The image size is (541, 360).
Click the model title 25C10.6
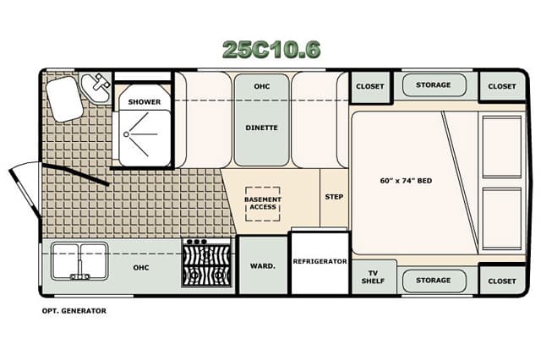(x=271, y=49)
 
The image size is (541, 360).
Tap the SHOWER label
(x=145, y=102)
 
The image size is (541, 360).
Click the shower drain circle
(x=126, y=134)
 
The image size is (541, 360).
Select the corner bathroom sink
(x=96, y=86)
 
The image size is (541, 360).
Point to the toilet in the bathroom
(x=65, y=99)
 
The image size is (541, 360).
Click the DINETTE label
(x=261, y=128)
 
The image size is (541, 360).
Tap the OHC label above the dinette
(x=261, y=86)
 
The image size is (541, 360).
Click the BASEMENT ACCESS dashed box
(x=263, y=204)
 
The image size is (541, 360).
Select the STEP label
(x=334, y=197)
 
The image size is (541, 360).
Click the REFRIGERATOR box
(x=320, y=263)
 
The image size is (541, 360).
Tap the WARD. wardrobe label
(x=263, y=266)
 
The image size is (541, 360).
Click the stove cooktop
(x=206, y=263)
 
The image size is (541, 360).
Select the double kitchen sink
(x=79, y=261)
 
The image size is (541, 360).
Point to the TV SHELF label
(x=373, y=277)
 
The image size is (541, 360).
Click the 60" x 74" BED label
(x=406, y=181)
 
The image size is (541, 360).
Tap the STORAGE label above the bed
(x=434, y=85)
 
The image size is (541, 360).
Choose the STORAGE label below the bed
(x=434, y=281)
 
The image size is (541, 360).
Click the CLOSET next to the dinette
(x=370, y=86)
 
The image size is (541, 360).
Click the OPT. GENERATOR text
(x=74, y=311)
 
